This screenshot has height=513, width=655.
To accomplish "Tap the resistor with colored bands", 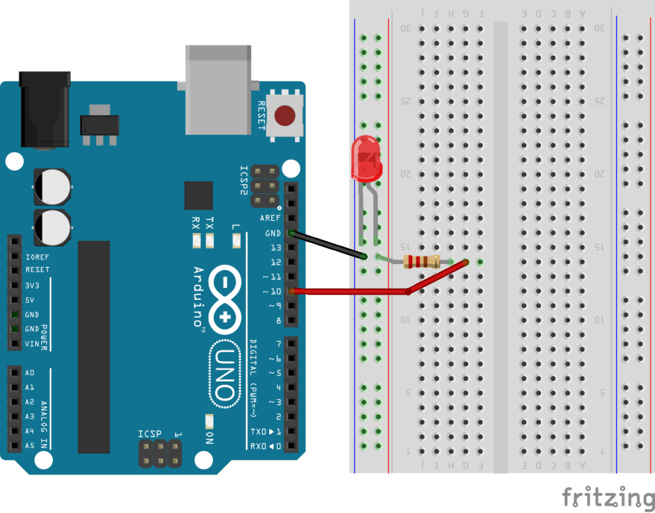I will pos(422,261).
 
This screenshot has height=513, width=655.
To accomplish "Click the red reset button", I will pos(285,115).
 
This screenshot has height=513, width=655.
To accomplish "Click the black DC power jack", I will pos(44,109).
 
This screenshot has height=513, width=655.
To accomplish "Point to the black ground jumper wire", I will pos(327,244).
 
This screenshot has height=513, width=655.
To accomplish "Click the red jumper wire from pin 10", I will pos(351,291).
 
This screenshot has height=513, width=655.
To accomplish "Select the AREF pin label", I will pos(270,218).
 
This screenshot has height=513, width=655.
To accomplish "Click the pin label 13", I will pos(275,248).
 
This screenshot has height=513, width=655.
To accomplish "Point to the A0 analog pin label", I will pos(29,373).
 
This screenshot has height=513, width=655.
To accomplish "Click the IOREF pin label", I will pos(37,256).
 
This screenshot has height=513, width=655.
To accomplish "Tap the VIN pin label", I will pos(32,344).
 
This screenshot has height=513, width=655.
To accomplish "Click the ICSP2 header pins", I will pos(265,185).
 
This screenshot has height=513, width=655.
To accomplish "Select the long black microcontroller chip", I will pos(93,346).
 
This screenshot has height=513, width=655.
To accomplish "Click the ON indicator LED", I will pos(209,421).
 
